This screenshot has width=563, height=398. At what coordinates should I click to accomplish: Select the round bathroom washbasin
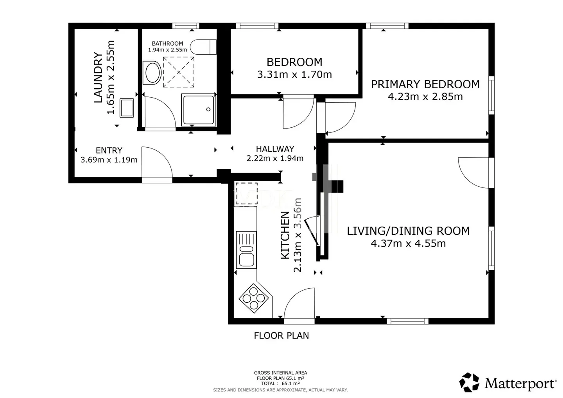[152, 73]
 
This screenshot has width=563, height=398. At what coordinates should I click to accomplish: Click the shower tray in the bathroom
[199, 110]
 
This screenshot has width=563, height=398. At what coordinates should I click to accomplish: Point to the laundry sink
[127, 108]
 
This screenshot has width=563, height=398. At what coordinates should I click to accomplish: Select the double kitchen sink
[246, 250]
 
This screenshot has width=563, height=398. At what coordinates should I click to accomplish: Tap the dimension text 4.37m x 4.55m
[408, 243]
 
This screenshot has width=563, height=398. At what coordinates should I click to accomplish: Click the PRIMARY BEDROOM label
[425, 84]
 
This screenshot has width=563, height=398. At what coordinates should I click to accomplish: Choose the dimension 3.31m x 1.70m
[294, 74]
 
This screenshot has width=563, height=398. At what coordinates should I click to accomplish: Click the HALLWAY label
[275, 149]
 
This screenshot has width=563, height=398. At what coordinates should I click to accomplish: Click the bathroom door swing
[158, 112]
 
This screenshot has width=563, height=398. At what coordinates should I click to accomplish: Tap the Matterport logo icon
[469, 382]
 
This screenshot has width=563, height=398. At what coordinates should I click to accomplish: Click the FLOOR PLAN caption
[281, 336]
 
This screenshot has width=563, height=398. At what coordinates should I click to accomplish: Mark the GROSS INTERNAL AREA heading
[280, 373]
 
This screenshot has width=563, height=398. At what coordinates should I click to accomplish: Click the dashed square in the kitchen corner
[246, 193]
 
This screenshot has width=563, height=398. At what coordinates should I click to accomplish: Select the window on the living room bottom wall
[407, 321]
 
